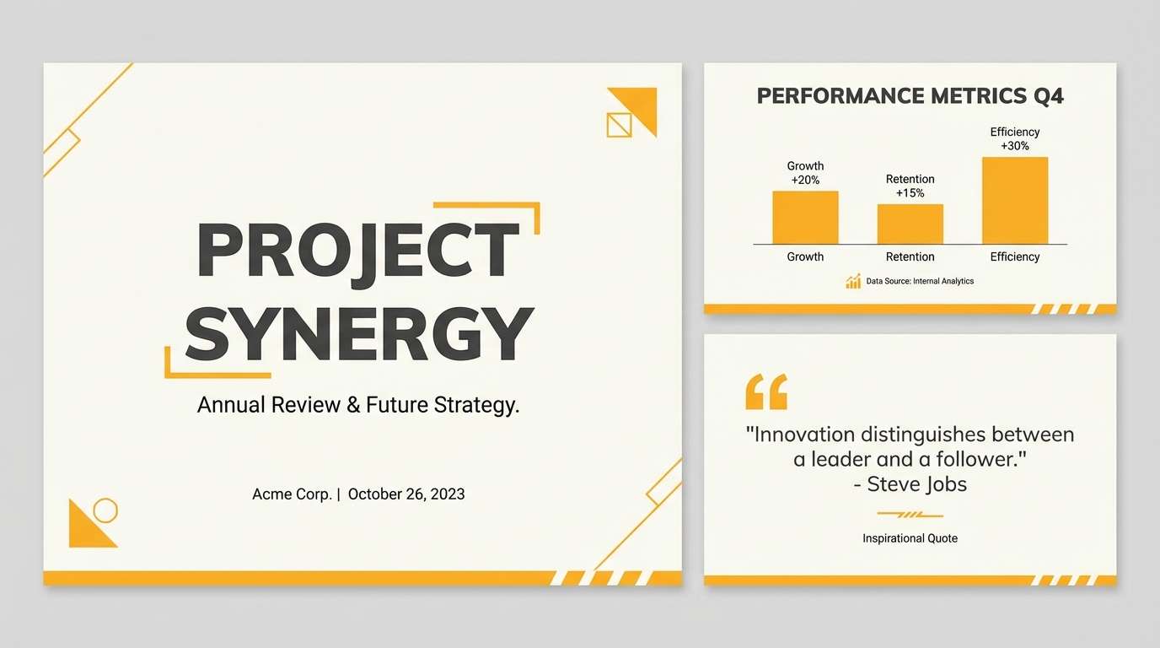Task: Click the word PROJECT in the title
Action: [x=357, y=251]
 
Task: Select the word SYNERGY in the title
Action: [x=359, y=334]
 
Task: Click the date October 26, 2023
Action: [x=405, y=494]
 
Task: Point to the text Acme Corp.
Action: [x=292, y=494]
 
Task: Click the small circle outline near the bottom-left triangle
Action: [x=105, y=510]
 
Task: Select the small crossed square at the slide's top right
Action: [x=619, y=125]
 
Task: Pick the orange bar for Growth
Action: [x=805, y=218]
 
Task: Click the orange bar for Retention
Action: [x=910, y=224]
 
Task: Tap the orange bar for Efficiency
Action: [x=1015, y=201]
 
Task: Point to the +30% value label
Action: [x=1015, y=146]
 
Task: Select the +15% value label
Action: [x=910, y=193]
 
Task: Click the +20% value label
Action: [x=805, y=180]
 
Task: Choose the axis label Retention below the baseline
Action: [x=910, y=256]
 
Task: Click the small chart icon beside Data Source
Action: [x=853, y=281]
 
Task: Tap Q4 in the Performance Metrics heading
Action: [x=1048, y=95]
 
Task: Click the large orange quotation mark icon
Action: [x=766, y=392]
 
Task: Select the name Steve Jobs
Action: [x=917, y=484]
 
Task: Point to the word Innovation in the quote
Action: [x=803, y=435]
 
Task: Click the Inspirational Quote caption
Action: [x=910, y=538]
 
